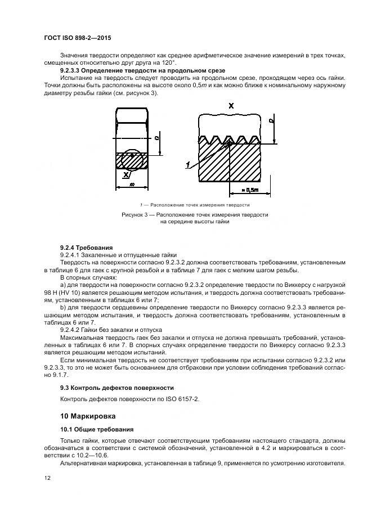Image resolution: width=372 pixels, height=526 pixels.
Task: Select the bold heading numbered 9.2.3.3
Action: point(142,70)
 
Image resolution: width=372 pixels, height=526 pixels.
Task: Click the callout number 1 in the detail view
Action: point(187,165)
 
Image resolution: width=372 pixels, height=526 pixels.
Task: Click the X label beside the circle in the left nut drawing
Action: point(125,174)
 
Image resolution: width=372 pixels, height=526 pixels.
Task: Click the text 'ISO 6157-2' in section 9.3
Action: point(182,399)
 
